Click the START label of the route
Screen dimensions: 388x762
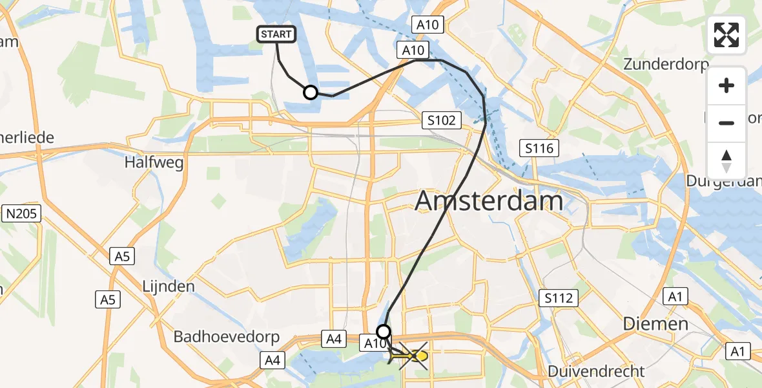(x=277, y=34)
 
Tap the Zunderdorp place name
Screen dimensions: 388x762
(x=666, y=65)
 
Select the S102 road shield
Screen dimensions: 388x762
(x=442, y=120)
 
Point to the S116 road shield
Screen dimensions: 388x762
(x=539, y=149)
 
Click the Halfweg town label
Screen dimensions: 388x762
(x=154, y=162)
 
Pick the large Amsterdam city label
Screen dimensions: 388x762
(x=489, y=201)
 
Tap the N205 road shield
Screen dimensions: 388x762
(x=22, y=213)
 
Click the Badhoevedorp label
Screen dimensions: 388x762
(x=227, y=337)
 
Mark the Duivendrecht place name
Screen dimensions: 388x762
(x=595, y=371)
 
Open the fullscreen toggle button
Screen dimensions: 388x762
(x=726, y=35)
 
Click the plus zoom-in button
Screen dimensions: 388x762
(x=726, y=85)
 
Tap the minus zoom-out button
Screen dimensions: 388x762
(x=726, y=123)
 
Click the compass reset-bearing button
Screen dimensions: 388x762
(x=726, y=160)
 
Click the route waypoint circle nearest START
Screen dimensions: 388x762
(x=311, y=92)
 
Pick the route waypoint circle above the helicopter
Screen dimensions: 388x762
(x=384, y=332)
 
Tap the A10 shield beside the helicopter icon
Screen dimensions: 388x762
(x=374, y=343)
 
